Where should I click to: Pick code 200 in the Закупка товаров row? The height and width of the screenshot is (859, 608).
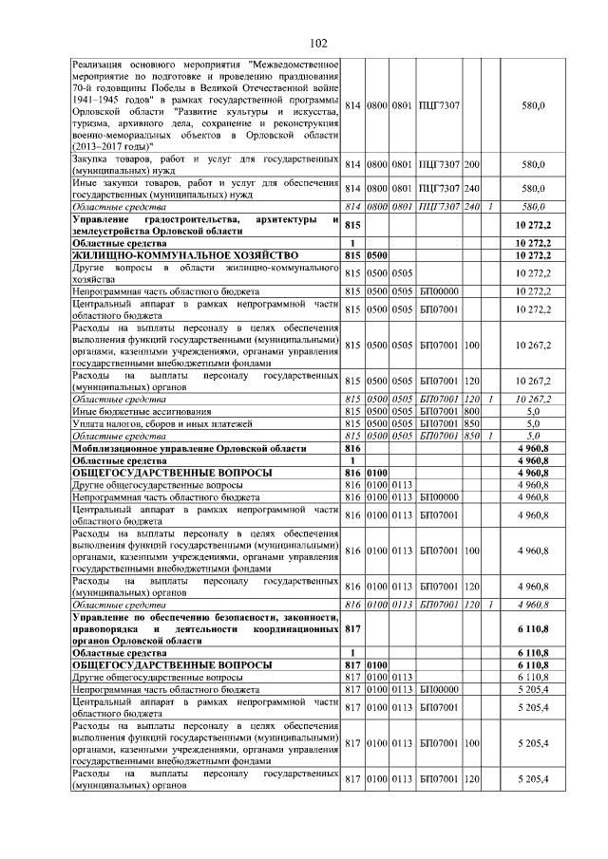point(471,163)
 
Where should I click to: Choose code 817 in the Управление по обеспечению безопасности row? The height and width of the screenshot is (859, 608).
point(353,627)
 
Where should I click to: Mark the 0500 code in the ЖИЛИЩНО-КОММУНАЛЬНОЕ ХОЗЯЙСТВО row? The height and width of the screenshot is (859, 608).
point(377,255)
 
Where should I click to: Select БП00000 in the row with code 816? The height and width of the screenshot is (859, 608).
point(439,495)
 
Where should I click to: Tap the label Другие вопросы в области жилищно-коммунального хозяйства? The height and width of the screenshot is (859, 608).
point(205,273)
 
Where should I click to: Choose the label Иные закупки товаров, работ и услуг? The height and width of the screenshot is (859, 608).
point(205,187)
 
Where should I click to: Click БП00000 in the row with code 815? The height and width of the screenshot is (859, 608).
point(439,290)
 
